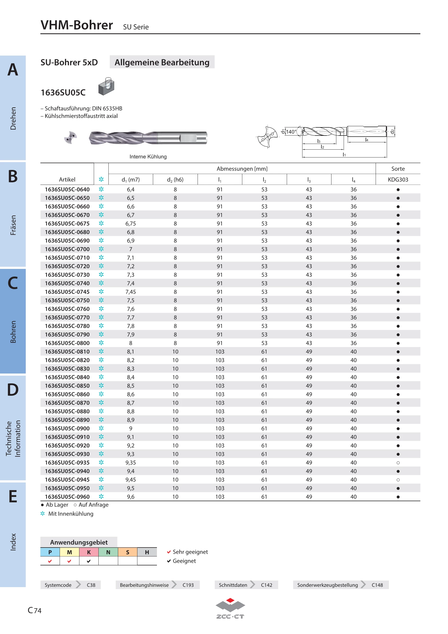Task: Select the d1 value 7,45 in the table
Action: pyautogui.click(x=131, y=292)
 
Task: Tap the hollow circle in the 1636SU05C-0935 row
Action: pyautogui.click(x=398, y=462)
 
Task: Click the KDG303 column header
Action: pyautogui.click(x=398, y=179)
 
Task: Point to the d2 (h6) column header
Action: pyautogui.click(x=175, y=180)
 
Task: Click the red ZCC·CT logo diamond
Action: pyautogui.click(x=230, y=600)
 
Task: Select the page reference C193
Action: pyautogui.click(x=188, y=585)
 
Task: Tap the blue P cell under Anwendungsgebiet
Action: pyautogui.click(x=50, y=552)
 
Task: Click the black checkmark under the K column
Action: pyautogui.click(x=89, y=561)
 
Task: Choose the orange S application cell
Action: pyautogui.click(x=128, y=552)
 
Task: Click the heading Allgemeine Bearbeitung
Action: pyautogui.click(x=162, y=62)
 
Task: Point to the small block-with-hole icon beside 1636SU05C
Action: pyautogui.click(x=106, y=86)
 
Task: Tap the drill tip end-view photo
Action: pyautogui.click(x=70, y=137)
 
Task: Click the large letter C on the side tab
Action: pyautogui.click(x=13, y=283)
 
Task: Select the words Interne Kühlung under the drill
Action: pyautogui.click(x=148, y=157)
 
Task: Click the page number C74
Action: pyautogui.click(x=34, y=610)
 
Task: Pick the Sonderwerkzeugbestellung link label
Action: pyautogui.click(x=327, y=585)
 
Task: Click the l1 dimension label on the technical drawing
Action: pyautogui.click(x=344, y=154)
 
